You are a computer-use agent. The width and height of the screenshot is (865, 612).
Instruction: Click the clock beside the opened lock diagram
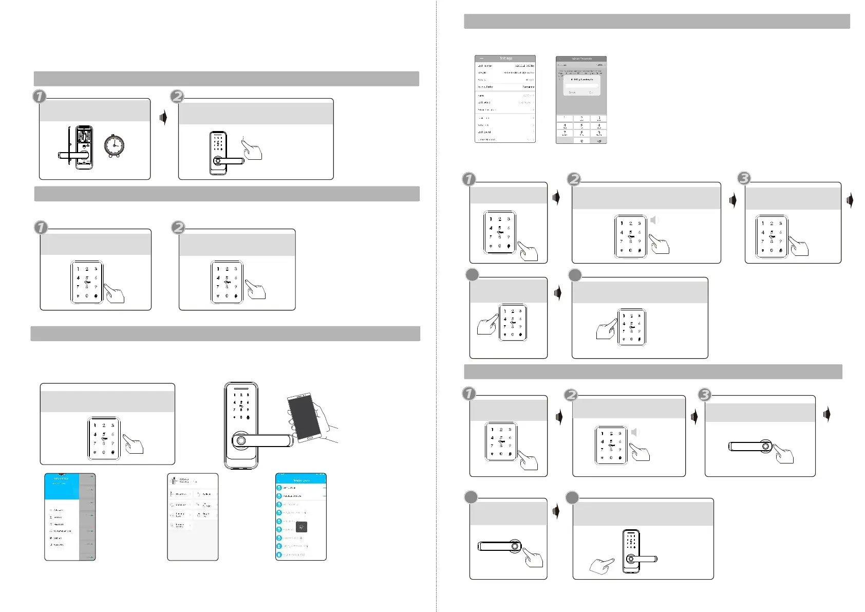(x=114, y=145)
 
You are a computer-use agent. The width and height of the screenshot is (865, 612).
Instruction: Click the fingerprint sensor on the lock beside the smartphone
(x=240, y=440)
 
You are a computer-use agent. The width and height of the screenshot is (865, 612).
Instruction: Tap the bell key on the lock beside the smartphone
(x=248, y=417)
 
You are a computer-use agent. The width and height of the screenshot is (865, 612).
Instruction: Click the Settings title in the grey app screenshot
(x=505, y=59)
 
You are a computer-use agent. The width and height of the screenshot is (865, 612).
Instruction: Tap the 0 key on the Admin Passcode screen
(x=581, y=140)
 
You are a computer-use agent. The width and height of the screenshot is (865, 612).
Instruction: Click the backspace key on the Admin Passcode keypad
(x=599, y=140)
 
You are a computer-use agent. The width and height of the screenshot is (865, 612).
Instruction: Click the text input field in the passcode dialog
(x=581, y=86)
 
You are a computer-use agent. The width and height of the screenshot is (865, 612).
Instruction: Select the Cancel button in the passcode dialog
(x=572, y=92)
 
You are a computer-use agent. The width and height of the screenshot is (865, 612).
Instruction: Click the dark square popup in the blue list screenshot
(x=302, y=527)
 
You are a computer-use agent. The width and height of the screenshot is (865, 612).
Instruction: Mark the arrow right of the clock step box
(x=163, y=118)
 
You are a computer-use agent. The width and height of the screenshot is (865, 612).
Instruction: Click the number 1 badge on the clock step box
(x=40, y=96)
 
